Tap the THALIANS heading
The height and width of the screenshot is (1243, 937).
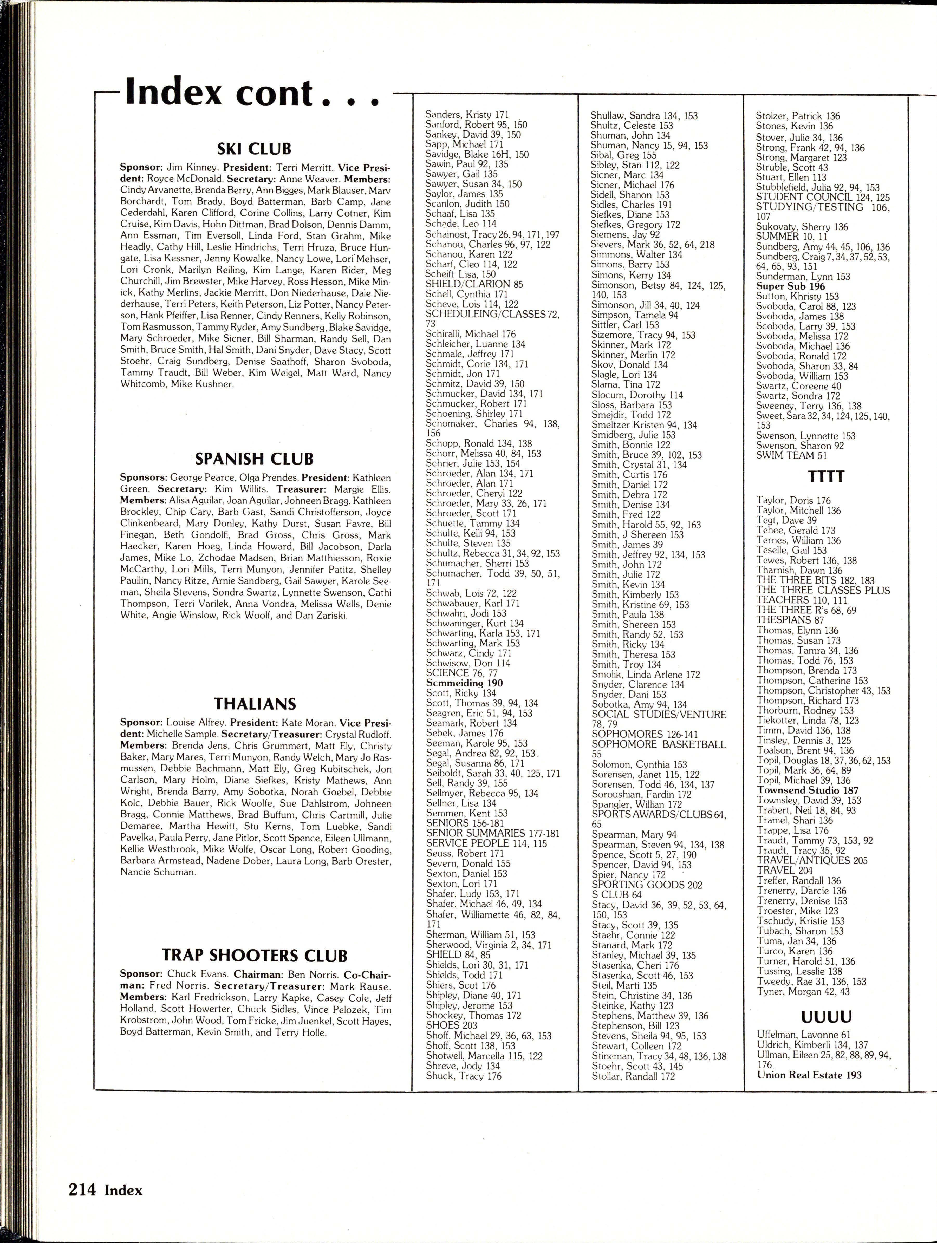tap(255, 704)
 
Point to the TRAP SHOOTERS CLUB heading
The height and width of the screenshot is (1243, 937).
tap(255, 955)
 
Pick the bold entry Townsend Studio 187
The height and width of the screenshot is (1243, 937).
tap(807, 790)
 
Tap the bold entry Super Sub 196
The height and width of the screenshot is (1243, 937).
tap(790, 286)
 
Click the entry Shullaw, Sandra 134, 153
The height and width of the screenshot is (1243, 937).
tap(643, 116)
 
